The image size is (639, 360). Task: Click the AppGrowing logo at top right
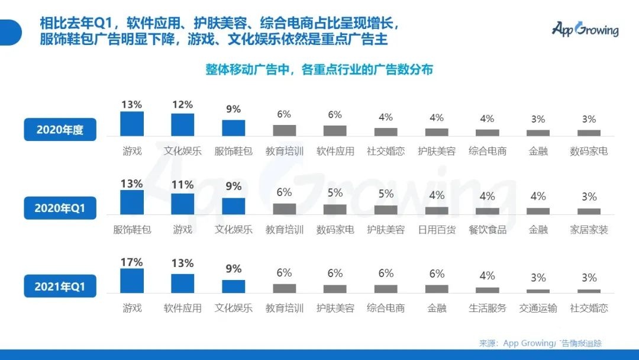(585, 28)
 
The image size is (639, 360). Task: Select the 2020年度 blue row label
(60, 130)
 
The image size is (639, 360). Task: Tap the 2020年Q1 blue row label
(60, 208)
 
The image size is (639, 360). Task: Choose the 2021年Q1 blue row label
(60, 287)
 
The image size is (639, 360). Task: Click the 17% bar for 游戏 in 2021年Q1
(132, 281)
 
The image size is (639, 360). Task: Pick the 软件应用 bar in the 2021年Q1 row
(183, 283)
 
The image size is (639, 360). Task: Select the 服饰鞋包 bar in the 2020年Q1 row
(132, 202)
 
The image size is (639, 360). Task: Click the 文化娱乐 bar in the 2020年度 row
(183, 124)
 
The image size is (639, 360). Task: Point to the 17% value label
(132, 262)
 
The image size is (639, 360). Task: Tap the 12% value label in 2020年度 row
(183, 105)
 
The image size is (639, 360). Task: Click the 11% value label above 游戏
(183, 185)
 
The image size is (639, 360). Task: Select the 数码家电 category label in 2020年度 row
(589, 151)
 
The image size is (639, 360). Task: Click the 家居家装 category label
(589, 230)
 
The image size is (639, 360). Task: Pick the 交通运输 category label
(538, 308)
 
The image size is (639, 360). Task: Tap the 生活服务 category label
(487, 308)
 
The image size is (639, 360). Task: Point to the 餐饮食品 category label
(487, 230)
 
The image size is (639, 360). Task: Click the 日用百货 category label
(437, 230)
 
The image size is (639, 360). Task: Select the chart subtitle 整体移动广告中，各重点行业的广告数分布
(319, 70)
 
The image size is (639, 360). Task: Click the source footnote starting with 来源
(540, 343)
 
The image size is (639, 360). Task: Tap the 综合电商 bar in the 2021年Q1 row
(386, 288)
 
